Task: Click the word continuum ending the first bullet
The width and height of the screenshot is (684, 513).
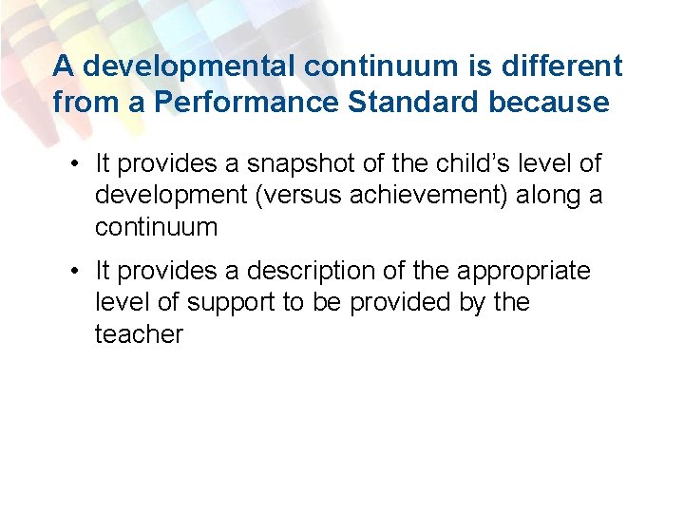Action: (x=156, y=227)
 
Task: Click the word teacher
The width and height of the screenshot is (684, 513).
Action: (x=139, y=334)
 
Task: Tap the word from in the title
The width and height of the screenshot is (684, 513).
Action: (x=80, y=101)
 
